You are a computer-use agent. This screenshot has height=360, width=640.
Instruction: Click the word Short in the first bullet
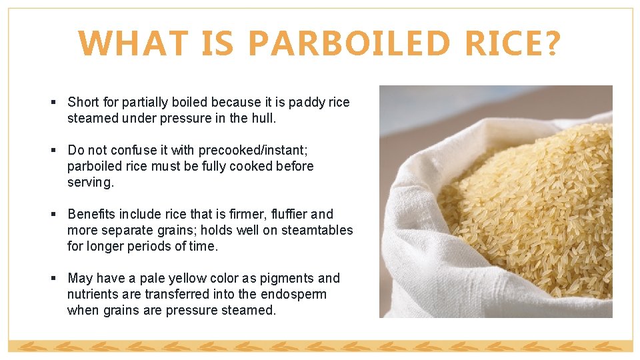[x=83, y=102]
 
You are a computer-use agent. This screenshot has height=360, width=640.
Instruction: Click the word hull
[x=263, y=118]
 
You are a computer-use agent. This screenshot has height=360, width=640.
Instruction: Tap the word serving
[x=91, y=182]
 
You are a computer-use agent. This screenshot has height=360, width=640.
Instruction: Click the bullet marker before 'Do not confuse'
[x=53, y=150]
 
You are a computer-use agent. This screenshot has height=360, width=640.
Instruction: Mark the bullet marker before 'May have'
[x=53, y=278]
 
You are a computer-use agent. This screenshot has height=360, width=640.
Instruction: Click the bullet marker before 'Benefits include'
[x=53, y=214]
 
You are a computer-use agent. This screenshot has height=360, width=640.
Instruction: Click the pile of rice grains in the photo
[x=527, y=200]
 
